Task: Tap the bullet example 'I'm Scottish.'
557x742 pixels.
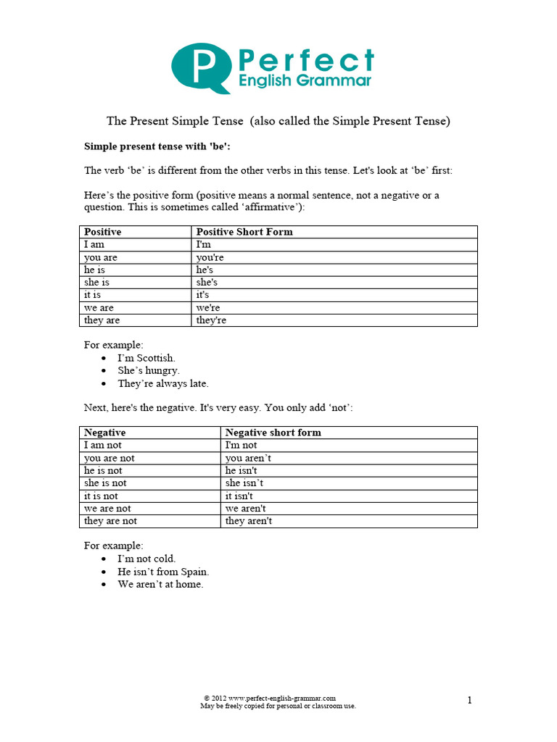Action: (x=147, y=358)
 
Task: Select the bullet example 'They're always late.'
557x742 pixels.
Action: (x=163, y=384)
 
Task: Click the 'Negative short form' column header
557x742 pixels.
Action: (x=273, y=433)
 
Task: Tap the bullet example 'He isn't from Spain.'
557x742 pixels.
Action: (x=163, y=572)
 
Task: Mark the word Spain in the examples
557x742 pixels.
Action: (x=194, y=572)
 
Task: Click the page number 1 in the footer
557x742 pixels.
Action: (x=469, y=700)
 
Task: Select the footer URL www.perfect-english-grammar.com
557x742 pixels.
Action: (x=282, y=698)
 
